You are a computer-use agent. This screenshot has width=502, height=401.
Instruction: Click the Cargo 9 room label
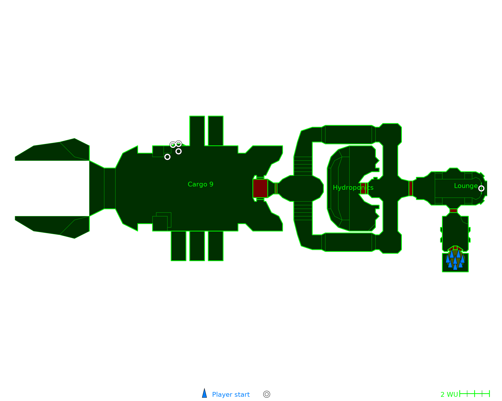200,184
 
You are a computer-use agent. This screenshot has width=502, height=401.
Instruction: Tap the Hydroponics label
353,187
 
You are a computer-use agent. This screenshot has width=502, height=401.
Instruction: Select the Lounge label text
466,186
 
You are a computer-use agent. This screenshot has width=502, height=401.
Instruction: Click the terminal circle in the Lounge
481,188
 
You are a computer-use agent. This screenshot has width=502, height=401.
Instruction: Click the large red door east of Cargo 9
260,188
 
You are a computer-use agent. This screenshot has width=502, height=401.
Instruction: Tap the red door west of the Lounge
411,188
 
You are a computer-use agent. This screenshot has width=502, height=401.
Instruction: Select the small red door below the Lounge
453,211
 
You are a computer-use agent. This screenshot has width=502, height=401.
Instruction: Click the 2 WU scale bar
474,394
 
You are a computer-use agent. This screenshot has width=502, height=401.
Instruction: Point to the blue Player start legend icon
205,393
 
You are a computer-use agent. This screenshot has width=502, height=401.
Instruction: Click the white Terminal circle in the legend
267,394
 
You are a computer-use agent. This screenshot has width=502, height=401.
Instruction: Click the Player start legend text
231,394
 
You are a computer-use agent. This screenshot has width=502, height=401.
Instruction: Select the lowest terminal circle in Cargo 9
167,157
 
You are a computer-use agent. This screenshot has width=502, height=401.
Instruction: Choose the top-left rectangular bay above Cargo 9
197,131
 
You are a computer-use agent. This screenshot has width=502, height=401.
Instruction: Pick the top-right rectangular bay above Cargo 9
216,131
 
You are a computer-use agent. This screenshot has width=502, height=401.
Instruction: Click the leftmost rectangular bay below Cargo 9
178,246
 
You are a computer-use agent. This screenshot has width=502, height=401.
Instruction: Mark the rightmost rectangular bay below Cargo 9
216,246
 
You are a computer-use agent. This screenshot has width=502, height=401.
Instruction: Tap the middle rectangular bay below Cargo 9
197,246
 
